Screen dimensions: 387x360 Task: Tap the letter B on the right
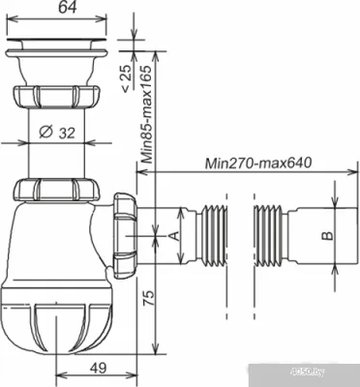[x=327, y=235]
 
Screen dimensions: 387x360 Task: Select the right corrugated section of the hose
[x=268, y=235]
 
